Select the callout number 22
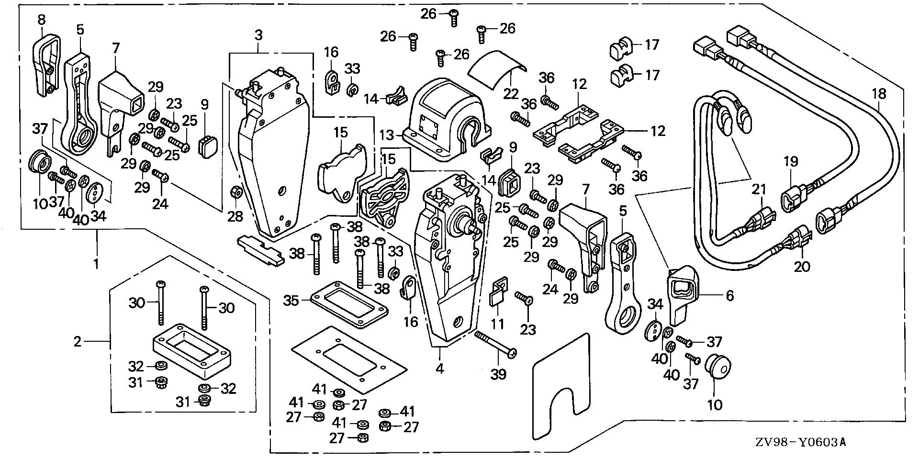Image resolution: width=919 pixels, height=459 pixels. click(511, 93)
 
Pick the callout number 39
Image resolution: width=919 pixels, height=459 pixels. click(498, 374)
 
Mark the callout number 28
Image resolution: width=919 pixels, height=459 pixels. click(235, 217)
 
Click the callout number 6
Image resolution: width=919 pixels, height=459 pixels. click(729, 296)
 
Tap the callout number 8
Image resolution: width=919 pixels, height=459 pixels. click(42, 20)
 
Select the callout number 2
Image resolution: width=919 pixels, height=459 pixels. click(78, 342)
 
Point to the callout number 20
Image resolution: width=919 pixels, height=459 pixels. click(802, 266)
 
